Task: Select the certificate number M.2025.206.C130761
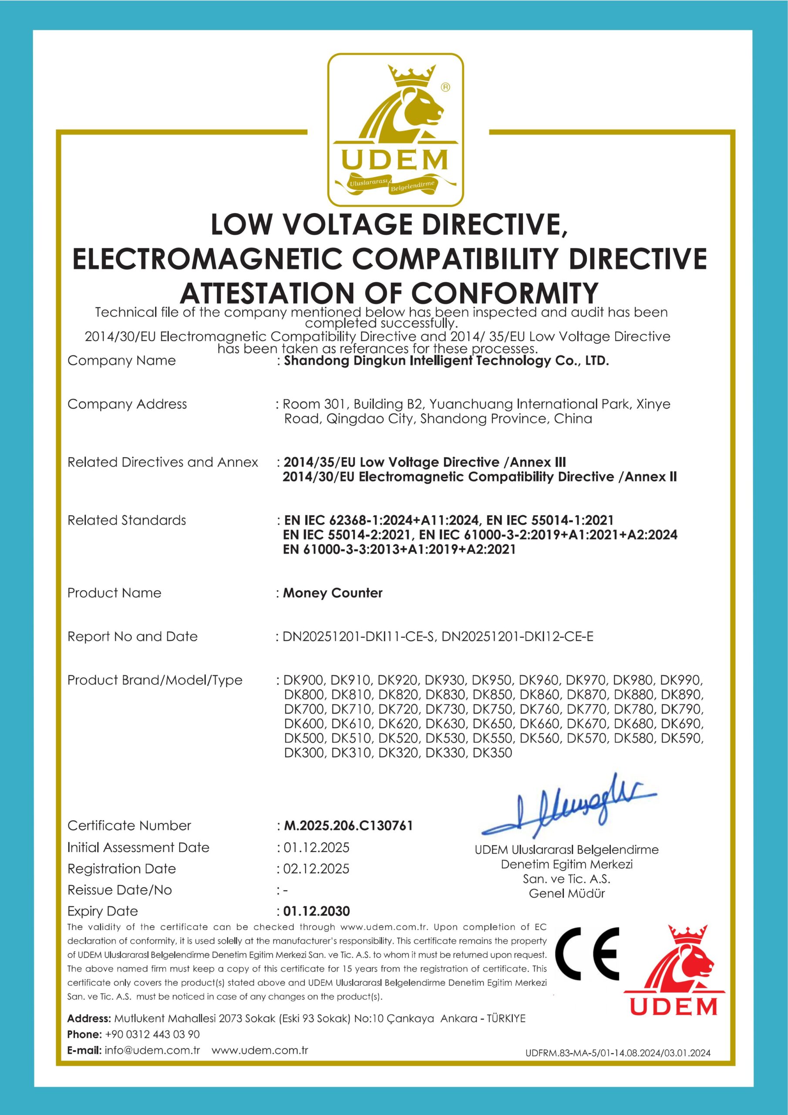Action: pyautogui.click(x=348, y=825)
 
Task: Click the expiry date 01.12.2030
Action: pyautogui.click(x=317, y=911)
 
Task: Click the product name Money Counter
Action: pyautogui.click(x=333, y=593)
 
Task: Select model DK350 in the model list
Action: pyautogui.click(x=492, y=753)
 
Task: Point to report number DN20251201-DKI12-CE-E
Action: pyautogui.click(x=518, y=637)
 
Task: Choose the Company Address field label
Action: pyautogui.click(x=127, y=404)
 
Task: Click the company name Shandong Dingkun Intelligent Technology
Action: pyautogui.click(x=446, y=361)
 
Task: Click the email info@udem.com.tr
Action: pyautogui.click(x=152, y=1051)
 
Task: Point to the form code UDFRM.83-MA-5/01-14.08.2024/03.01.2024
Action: pyautogui.click(x=618, y=1053)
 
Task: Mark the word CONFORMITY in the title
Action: pyautogui.click(x=505, y=293)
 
